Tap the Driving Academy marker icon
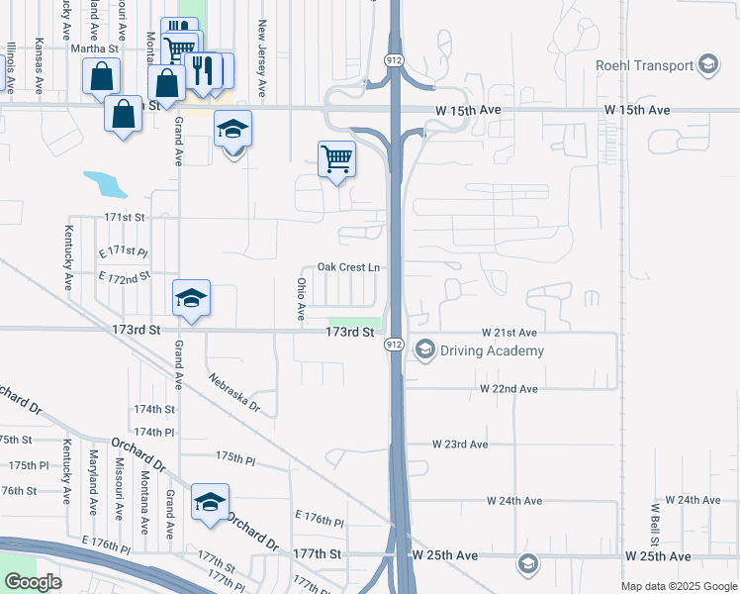(x=425, y=350)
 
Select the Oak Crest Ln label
(x=348, y=267)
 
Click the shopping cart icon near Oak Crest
(x=337, y=158)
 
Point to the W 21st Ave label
(x=509, y=333)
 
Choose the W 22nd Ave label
(x=509, y=389)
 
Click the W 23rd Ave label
(x=460, y=445)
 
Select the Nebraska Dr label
(x=234, y=393)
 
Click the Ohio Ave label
(x=301, y=299)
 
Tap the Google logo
(x=33, y=582)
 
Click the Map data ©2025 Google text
(x=678, y=586)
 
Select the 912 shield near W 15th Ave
(x=394, y=61)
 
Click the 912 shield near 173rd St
(x=394, y=344)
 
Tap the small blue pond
(x=105, y=183)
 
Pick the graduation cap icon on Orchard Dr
(x=210, y=502)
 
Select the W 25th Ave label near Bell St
(x=657, y=557)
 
